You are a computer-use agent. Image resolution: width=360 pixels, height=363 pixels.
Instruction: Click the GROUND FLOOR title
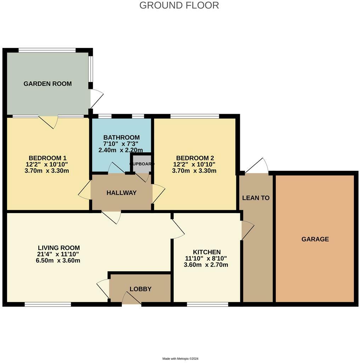pos(179,5)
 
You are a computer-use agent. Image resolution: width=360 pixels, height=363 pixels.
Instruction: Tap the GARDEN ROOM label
pos(47,84)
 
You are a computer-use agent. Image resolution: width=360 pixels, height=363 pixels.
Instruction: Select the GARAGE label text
pos(315,239)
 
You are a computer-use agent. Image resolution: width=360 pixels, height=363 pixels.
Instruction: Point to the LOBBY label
pos(140,289)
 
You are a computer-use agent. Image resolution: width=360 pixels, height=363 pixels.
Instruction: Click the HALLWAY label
pos(122,193)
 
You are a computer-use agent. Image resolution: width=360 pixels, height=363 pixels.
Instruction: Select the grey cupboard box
pos(142,164)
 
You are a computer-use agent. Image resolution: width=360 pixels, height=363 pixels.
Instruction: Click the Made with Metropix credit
pos(180,359)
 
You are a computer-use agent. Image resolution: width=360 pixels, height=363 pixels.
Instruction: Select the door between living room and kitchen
pos(177,229)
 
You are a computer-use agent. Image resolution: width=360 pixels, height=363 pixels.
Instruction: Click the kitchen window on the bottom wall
pos(207,304)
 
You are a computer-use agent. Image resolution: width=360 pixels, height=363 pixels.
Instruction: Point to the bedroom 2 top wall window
pos(194,116)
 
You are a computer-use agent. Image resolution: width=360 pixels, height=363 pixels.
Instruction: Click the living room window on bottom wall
pos(47,304)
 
